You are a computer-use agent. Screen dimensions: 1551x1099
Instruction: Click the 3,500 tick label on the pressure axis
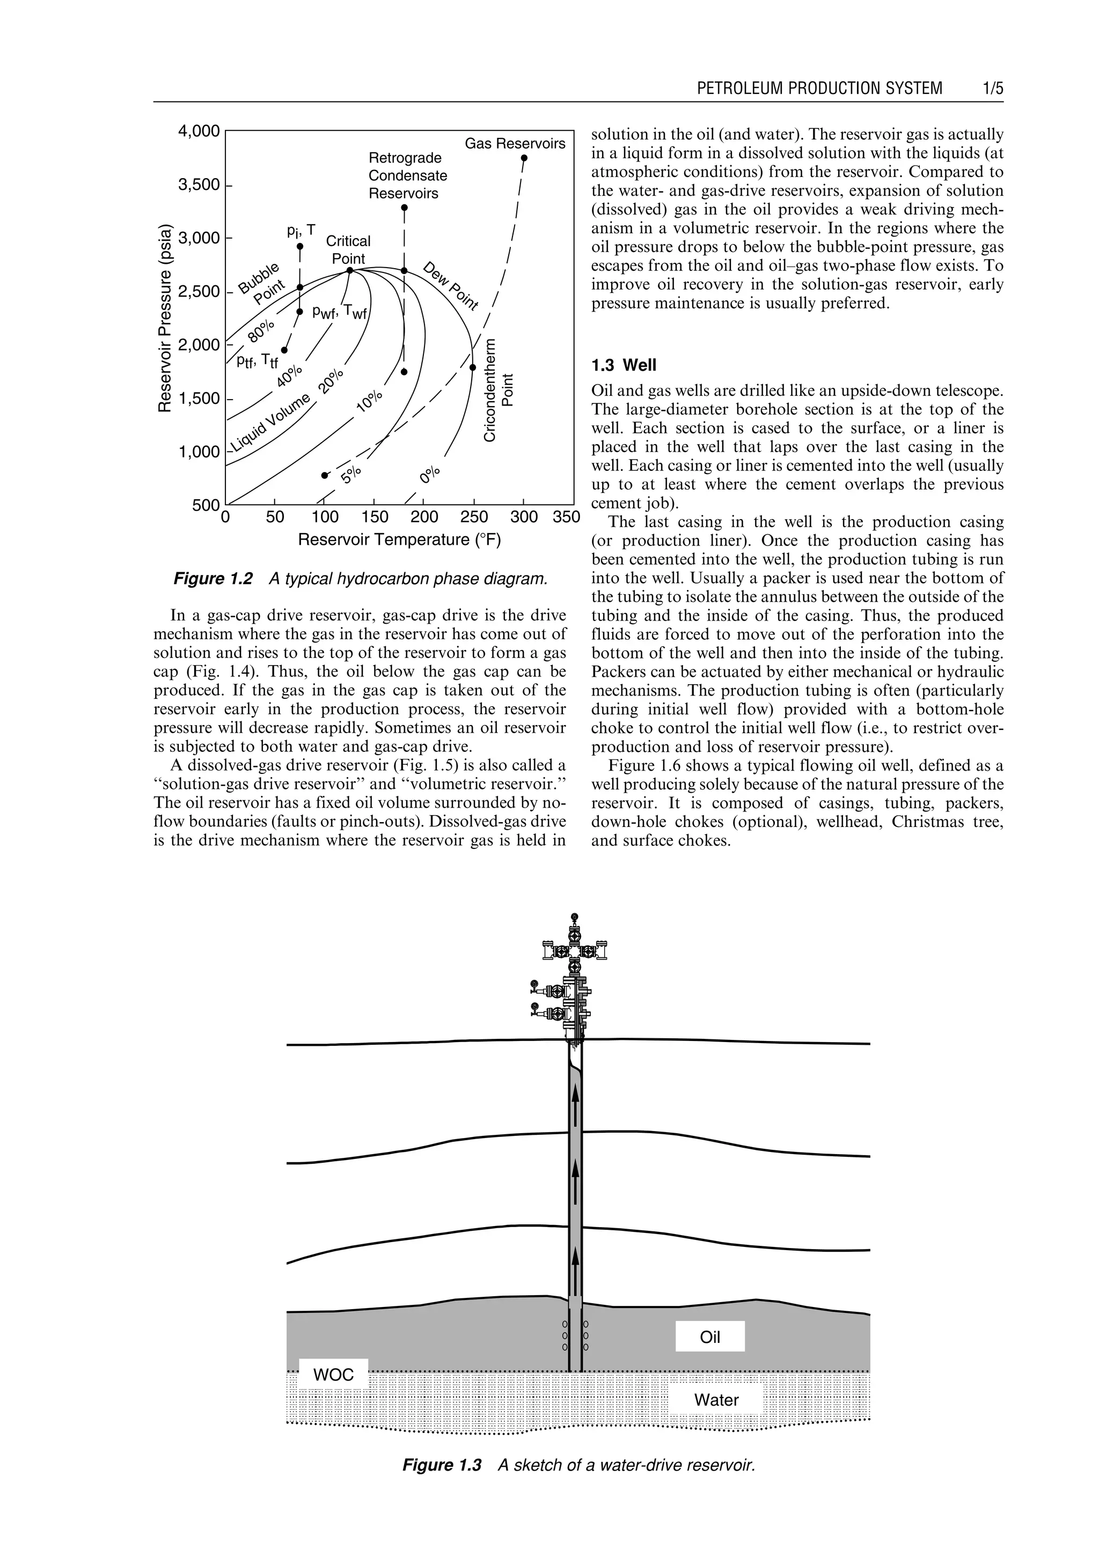pyautogui.click(x=198, y=184)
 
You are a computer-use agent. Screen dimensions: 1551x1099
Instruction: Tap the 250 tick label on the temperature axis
pyautogui.click(x=474, y=518)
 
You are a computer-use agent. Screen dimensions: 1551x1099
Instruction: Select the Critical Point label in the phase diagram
pyautogui.click(x=348, y=249)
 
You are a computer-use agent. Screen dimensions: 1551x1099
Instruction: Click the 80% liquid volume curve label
pyautogui.click(x=261, y=331)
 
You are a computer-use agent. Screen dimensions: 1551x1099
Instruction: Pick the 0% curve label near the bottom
pyautogui.click(x=430, y=474)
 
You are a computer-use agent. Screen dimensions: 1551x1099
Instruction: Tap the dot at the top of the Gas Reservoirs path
pyautogui.click(x=524, y=158)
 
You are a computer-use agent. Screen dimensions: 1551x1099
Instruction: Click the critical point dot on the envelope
pyautogui.click(x=350, y=270)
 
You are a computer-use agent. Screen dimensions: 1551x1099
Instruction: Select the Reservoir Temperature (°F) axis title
pyautogui.click(x=399, y=540)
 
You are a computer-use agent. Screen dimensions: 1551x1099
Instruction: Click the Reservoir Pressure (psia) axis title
pyautogui.click(x=164, y=318)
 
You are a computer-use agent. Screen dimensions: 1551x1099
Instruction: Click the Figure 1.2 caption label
pyautogui.click(x=213, y=579)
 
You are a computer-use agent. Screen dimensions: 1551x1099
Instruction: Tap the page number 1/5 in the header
pyautogui.click(x=993, y=88)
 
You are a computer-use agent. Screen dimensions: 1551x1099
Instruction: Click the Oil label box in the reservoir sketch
pyautogui.click(x=710, y=1337)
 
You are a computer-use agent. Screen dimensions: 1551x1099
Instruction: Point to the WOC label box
pyautogui.click(x=333, y=1375)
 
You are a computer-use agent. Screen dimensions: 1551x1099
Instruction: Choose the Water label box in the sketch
pyautogui.click(x=716, y=1400)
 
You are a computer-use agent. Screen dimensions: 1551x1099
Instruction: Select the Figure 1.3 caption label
pyautogui.click(x=441, y=1465)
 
